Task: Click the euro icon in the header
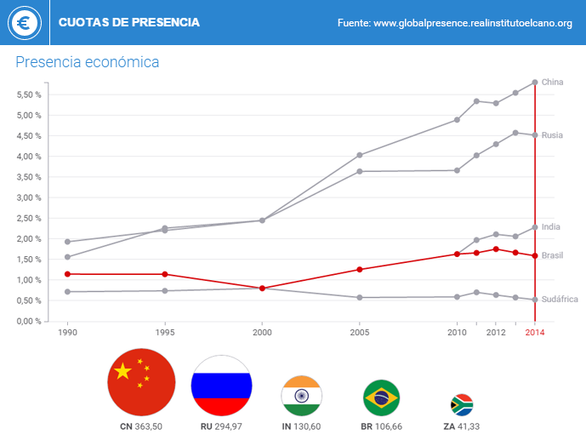[x=24, y=23]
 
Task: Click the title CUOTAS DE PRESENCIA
[x=129, y=22]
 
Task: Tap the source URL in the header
[x=454, y=23]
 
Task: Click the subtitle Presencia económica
[x=88, y=62]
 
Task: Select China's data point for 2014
[x=534, y=83]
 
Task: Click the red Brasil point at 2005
[x=360, y=270]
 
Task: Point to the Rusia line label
[x=552, y=135]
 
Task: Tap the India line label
[x=551, y=227]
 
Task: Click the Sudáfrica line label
[x=560, y=300]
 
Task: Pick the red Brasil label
[x=552, y=255]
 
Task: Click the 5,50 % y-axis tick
[x=30, y=94]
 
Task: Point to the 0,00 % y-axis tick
[x=30, y=321]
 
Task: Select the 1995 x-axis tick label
[x=165, y=332]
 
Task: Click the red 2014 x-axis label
[x=534, y=332]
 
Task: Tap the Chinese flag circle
[x=141, y=382]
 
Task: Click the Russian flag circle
[x=221, y=385]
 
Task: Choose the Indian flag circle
[x=301, y=396]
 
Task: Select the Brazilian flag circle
[x=381, y=397]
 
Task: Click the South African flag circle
[x=461, y=403]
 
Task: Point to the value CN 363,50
[x=141, y=426]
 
